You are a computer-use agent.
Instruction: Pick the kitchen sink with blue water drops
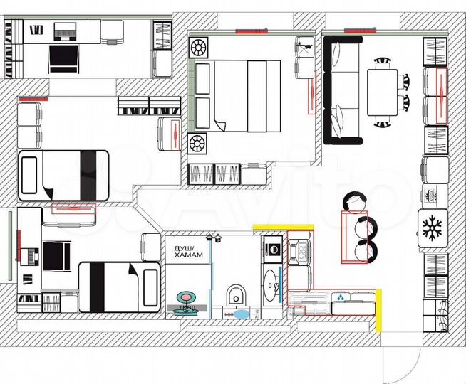tap(343, 299)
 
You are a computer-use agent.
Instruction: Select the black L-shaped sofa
tap(341, 90)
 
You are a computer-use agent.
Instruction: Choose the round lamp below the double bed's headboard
tap(197, 144)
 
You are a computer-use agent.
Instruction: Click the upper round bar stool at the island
tap(354, 203)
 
